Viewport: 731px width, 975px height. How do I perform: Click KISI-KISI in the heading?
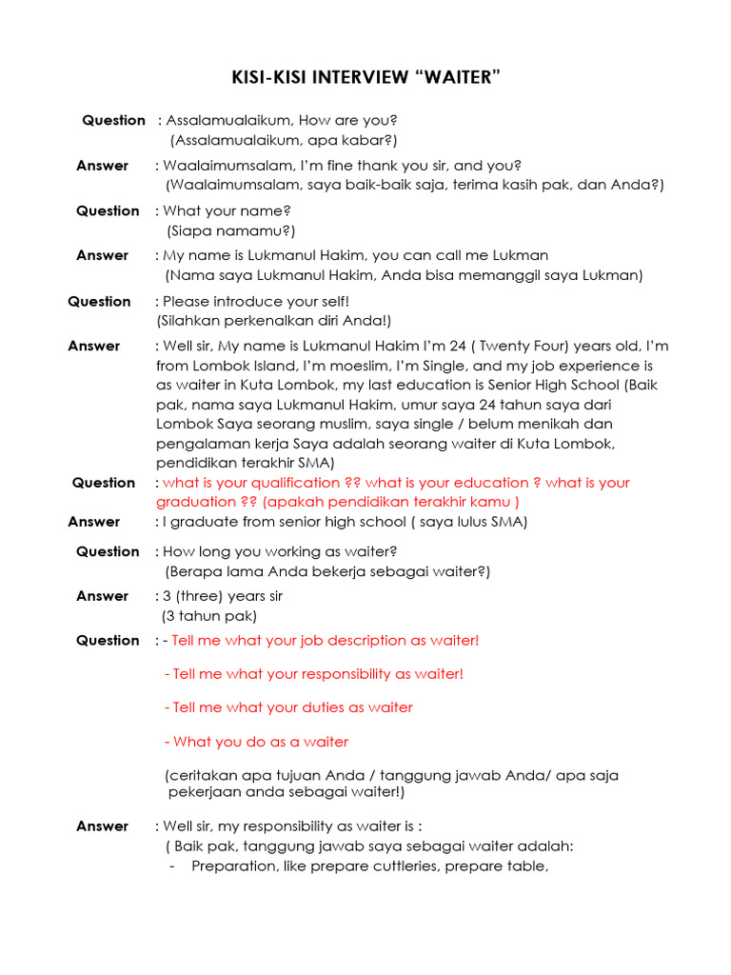[271, 77]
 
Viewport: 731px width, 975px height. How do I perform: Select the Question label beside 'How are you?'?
[113, 120]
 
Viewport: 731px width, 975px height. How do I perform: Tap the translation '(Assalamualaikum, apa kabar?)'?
[284, 140]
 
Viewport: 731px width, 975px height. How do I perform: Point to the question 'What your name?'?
[227, 210]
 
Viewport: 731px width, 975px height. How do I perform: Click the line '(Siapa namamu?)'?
[230, 230]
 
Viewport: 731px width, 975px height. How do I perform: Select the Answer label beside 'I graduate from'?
[94, 522]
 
